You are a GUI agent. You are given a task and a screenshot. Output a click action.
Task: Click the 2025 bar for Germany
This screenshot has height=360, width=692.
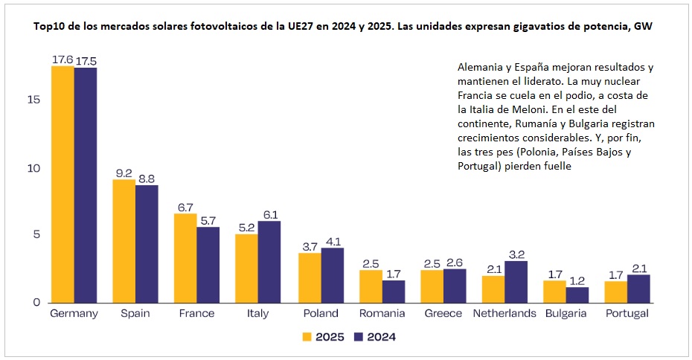(63, 184)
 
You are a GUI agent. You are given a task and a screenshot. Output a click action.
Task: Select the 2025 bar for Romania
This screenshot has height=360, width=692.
(370, 286)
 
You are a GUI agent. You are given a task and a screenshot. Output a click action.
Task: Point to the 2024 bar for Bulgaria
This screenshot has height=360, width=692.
(577, 294)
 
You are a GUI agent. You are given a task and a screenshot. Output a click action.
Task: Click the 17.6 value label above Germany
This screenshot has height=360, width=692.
(62, 60)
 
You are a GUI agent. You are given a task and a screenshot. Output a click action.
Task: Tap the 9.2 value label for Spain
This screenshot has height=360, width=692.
(124, 173)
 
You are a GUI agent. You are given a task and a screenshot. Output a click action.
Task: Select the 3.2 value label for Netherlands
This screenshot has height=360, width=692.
(516, 254)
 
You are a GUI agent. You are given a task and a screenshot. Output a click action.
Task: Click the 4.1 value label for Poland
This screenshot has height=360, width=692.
(332, 241)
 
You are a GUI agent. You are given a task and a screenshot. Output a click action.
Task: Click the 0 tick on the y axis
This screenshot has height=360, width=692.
(36, 303)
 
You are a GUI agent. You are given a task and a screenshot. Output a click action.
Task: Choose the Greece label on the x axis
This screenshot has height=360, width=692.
(443, 314)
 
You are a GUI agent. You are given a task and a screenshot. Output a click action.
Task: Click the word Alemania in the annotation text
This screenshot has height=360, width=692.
(481, 67)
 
